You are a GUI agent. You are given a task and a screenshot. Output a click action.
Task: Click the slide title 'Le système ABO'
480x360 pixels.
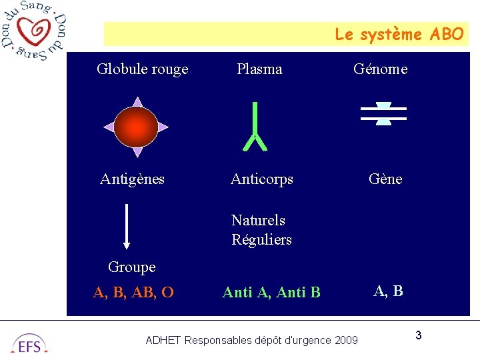coord(399,34)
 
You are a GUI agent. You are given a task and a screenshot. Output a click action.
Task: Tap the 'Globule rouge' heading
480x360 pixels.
coord(143,69)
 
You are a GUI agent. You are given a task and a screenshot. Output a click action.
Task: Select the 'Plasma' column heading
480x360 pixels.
coord(259,69)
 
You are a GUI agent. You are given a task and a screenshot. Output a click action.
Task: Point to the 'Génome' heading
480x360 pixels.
coord(380,69)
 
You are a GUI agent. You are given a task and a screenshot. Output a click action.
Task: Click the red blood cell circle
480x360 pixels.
coord(136,127)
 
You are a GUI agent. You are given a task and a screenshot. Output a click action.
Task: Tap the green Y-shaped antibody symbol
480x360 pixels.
coord(255,127)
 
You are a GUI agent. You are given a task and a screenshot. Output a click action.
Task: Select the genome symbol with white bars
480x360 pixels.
coord(383,113)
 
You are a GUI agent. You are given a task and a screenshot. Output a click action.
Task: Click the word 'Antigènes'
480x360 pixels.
coord(132,179)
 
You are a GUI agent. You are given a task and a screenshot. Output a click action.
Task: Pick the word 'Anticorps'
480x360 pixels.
coord(261,179)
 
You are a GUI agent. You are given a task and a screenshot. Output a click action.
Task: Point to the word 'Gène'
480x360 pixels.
coord(385,179)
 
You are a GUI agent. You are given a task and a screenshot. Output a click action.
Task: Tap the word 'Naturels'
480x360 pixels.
coord(258,220)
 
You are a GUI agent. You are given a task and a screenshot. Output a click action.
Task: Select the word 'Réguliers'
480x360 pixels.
coord(261,239)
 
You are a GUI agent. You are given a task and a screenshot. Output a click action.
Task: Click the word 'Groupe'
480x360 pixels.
coord(131,267)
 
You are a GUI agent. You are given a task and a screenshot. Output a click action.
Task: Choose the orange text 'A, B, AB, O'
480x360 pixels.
coord(133,292)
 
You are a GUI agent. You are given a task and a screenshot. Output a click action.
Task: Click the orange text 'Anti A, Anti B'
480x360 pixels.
coord(271,292)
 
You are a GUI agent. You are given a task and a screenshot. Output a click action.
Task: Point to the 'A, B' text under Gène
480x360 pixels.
coord(388,291)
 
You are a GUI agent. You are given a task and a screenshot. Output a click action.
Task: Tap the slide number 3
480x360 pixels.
coord(418,335)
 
